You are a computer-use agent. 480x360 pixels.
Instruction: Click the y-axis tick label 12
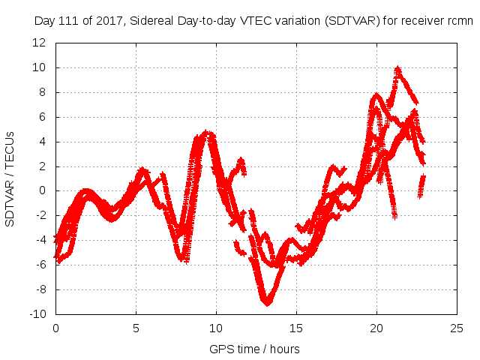(39, 43)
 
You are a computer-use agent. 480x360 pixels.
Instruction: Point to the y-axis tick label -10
(37, 314)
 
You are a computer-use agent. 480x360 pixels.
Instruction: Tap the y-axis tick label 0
(42, 190)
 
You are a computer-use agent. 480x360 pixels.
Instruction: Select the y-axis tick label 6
(42, 117)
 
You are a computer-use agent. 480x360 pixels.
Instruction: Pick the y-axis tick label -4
(40, 240)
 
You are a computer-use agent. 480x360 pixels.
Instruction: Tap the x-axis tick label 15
(296, 328)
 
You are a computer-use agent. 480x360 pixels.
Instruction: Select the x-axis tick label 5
(136, 328)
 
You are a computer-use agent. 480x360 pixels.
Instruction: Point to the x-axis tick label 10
(216, 328)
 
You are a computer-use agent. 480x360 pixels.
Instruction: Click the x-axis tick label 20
(376, 328)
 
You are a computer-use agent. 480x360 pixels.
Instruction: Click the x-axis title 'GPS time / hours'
(256, 349)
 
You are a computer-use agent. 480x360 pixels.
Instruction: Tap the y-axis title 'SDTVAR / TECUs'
(10, 178)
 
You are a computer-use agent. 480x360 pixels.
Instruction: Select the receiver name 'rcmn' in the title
(459, 21)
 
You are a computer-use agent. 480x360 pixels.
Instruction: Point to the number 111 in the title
(68, 21)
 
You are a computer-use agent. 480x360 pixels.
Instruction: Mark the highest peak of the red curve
(397, 68)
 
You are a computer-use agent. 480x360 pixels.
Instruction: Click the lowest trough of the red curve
(267, 303)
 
